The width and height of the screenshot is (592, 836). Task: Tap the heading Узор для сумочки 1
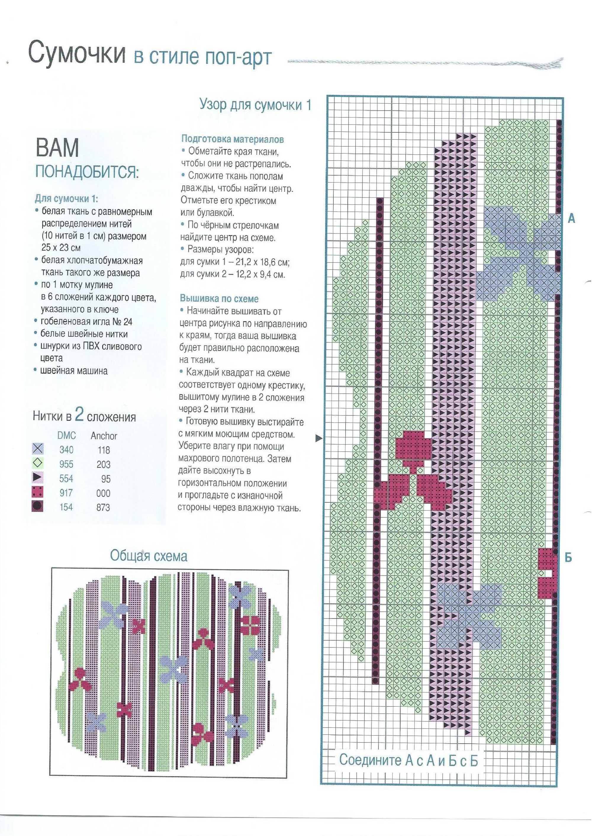[255, 105]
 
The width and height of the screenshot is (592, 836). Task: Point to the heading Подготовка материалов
[233, 139]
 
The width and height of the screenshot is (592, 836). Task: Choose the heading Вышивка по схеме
[219, 299]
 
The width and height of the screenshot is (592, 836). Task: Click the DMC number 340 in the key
[66, 450]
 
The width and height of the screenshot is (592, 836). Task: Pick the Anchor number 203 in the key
[104, 464]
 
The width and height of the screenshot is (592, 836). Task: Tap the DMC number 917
[66, 493]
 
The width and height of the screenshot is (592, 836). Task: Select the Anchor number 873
[103, 507]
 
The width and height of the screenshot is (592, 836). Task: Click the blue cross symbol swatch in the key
[38, 448]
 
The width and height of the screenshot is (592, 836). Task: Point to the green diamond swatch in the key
[38, 463]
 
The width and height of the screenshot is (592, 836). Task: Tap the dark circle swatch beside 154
[38, 507]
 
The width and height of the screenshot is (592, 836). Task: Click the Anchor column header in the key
[104, 436]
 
